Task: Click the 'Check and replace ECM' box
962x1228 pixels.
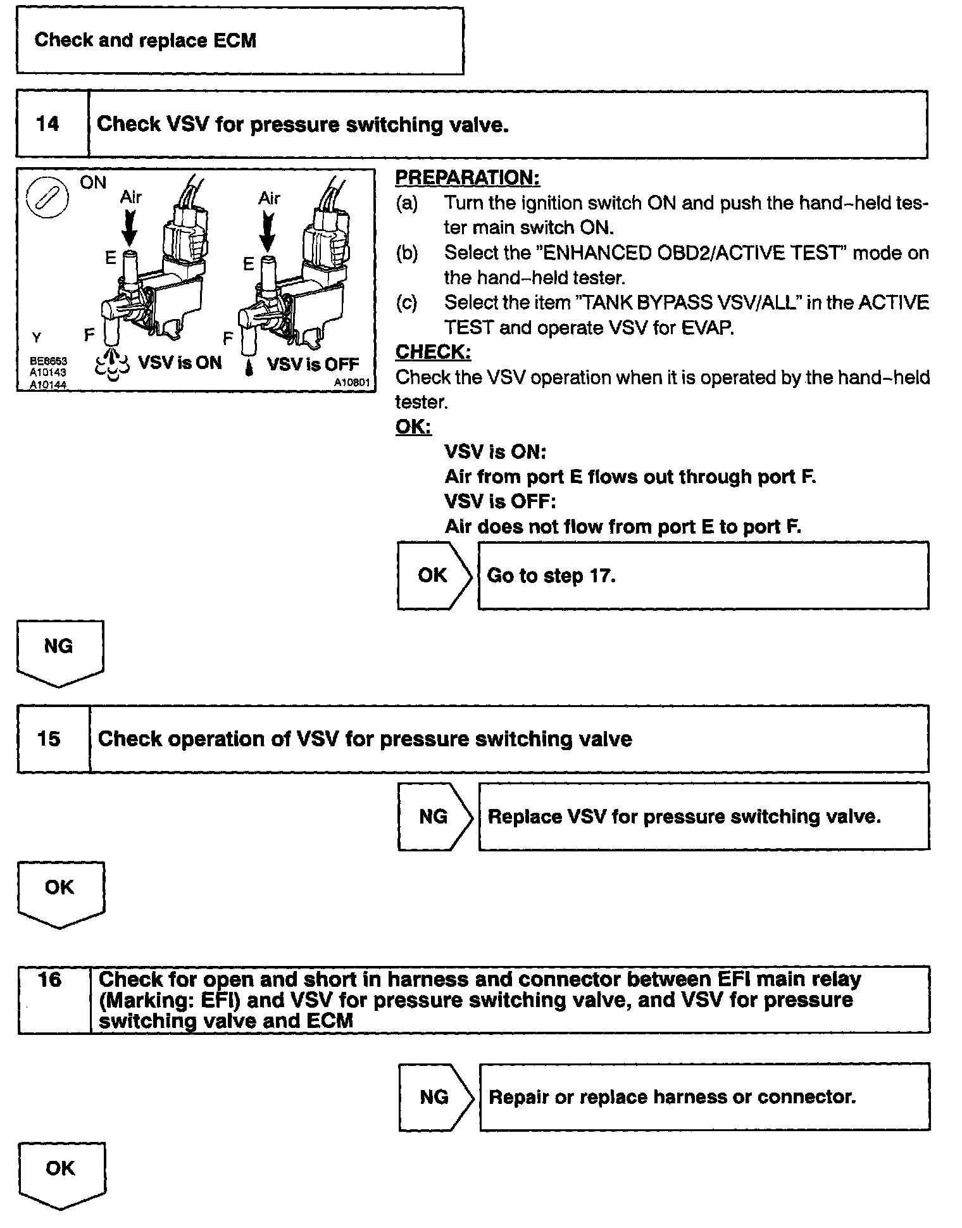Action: pos(239,41)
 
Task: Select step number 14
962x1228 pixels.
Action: pos(48,124)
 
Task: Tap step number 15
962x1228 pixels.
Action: pos(49,739)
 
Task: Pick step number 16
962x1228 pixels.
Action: pos(49,980)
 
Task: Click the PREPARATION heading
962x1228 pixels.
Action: pos(467,178)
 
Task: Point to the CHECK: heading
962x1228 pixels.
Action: pos(433,352)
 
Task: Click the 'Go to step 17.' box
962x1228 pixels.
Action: pos(703,575)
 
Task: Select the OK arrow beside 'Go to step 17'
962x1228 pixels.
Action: pos(434,575)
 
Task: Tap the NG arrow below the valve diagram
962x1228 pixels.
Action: pos(59,651)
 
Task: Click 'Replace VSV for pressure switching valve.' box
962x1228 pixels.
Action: pos(703,817)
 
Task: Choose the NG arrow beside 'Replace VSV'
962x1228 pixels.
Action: pos(434,817)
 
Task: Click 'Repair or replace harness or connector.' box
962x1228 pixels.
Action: pos(704,1097)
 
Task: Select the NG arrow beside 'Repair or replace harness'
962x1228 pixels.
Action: pos(435,1097)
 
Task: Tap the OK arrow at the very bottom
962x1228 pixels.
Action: pos(61,1173)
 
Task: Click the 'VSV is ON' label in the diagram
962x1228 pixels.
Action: pos(180,363)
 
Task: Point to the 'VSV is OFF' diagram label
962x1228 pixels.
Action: pos(313,364)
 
